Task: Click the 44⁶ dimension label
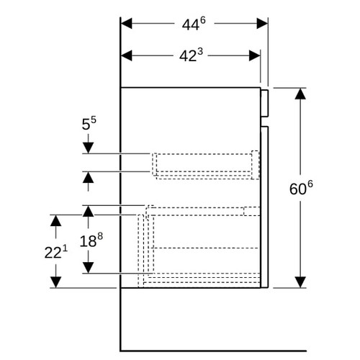[194, 24]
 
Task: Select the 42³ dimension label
[191, 55]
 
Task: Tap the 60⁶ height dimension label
[301, 188]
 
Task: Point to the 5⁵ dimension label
[89, 123]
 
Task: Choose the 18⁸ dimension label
[91, 240]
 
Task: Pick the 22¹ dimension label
[56, 252]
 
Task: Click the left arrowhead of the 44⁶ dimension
[127, 24]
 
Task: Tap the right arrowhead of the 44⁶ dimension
[262, 24]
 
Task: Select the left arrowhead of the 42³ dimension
[127, 55]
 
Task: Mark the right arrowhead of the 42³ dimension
[255, 55]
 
